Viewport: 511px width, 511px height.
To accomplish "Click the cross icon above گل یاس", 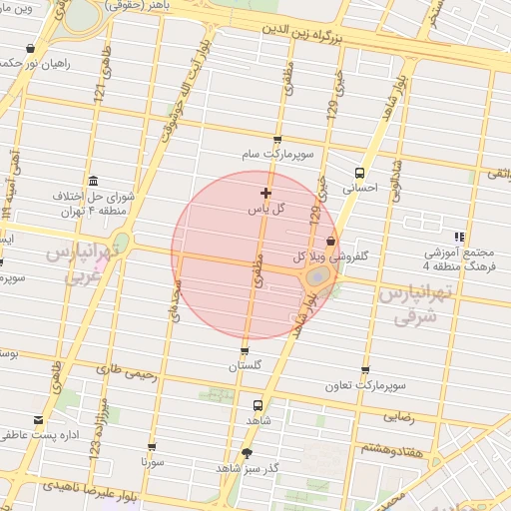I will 265,193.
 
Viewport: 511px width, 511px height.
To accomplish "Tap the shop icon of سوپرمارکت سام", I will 276,141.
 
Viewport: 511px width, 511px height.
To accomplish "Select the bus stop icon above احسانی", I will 359,171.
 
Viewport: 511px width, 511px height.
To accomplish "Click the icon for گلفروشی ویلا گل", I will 330,241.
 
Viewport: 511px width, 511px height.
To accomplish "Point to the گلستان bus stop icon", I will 245,351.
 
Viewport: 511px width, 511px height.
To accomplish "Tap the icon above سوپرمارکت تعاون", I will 363,369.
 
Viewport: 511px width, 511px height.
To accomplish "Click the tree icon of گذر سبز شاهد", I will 247,452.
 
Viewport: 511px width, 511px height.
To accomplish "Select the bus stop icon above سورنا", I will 152,448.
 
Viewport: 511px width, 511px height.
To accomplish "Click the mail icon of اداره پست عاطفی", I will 39,420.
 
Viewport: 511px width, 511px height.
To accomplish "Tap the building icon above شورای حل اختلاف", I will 93,180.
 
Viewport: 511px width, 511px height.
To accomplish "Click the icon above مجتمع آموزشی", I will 459,237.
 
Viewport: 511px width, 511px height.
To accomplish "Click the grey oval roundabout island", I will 318,274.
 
